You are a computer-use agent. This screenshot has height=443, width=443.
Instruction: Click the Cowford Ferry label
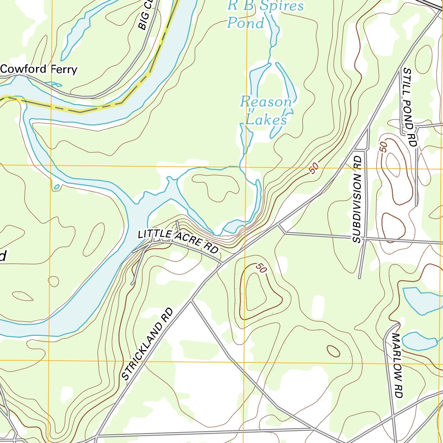[39, 69]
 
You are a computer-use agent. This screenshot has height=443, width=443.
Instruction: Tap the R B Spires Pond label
[265, 14]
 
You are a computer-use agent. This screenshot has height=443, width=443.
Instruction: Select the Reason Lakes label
[266, 110]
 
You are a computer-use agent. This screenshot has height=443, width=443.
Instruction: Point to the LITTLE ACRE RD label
[177, 241]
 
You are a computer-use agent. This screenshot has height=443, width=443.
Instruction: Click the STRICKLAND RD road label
[147, 344]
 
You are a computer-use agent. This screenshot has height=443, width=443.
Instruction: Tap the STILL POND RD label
[408, 106]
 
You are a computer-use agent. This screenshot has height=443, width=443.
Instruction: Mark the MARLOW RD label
[398, 366]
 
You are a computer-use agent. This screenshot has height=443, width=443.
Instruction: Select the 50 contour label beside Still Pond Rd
[383, 147]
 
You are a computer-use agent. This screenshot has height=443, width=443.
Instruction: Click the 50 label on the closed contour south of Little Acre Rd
[260, 268]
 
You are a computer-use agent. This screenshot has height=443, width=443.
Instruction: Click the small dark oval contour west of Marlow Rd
[333, 351]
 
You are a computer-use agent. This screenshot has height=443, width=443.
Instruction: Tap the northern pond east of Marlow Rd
[422, 300]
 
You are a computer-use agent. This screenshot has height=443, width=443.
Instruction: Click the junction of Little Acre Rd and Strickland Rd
[222, 263]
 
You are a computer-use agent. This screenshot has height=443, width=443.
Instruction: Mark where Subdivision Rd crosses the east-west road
[364, 238]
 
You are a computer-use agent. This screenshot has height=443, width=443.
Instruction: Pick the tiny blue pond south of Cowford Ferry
[57, 187]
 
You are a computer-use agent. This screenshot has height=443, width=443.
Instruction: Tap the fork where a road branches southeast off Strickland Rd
[191, 300]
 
